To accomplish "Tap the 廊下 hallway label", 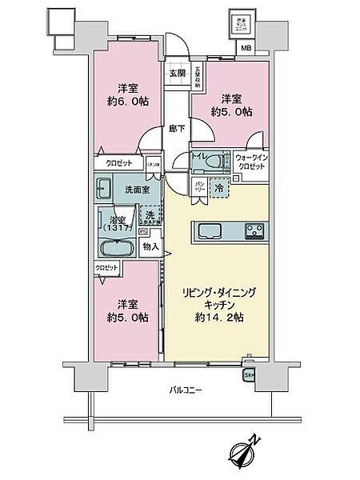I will click(x=176, y=127).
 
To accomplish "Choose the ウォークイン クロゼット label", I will click(x=252, y=163).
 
